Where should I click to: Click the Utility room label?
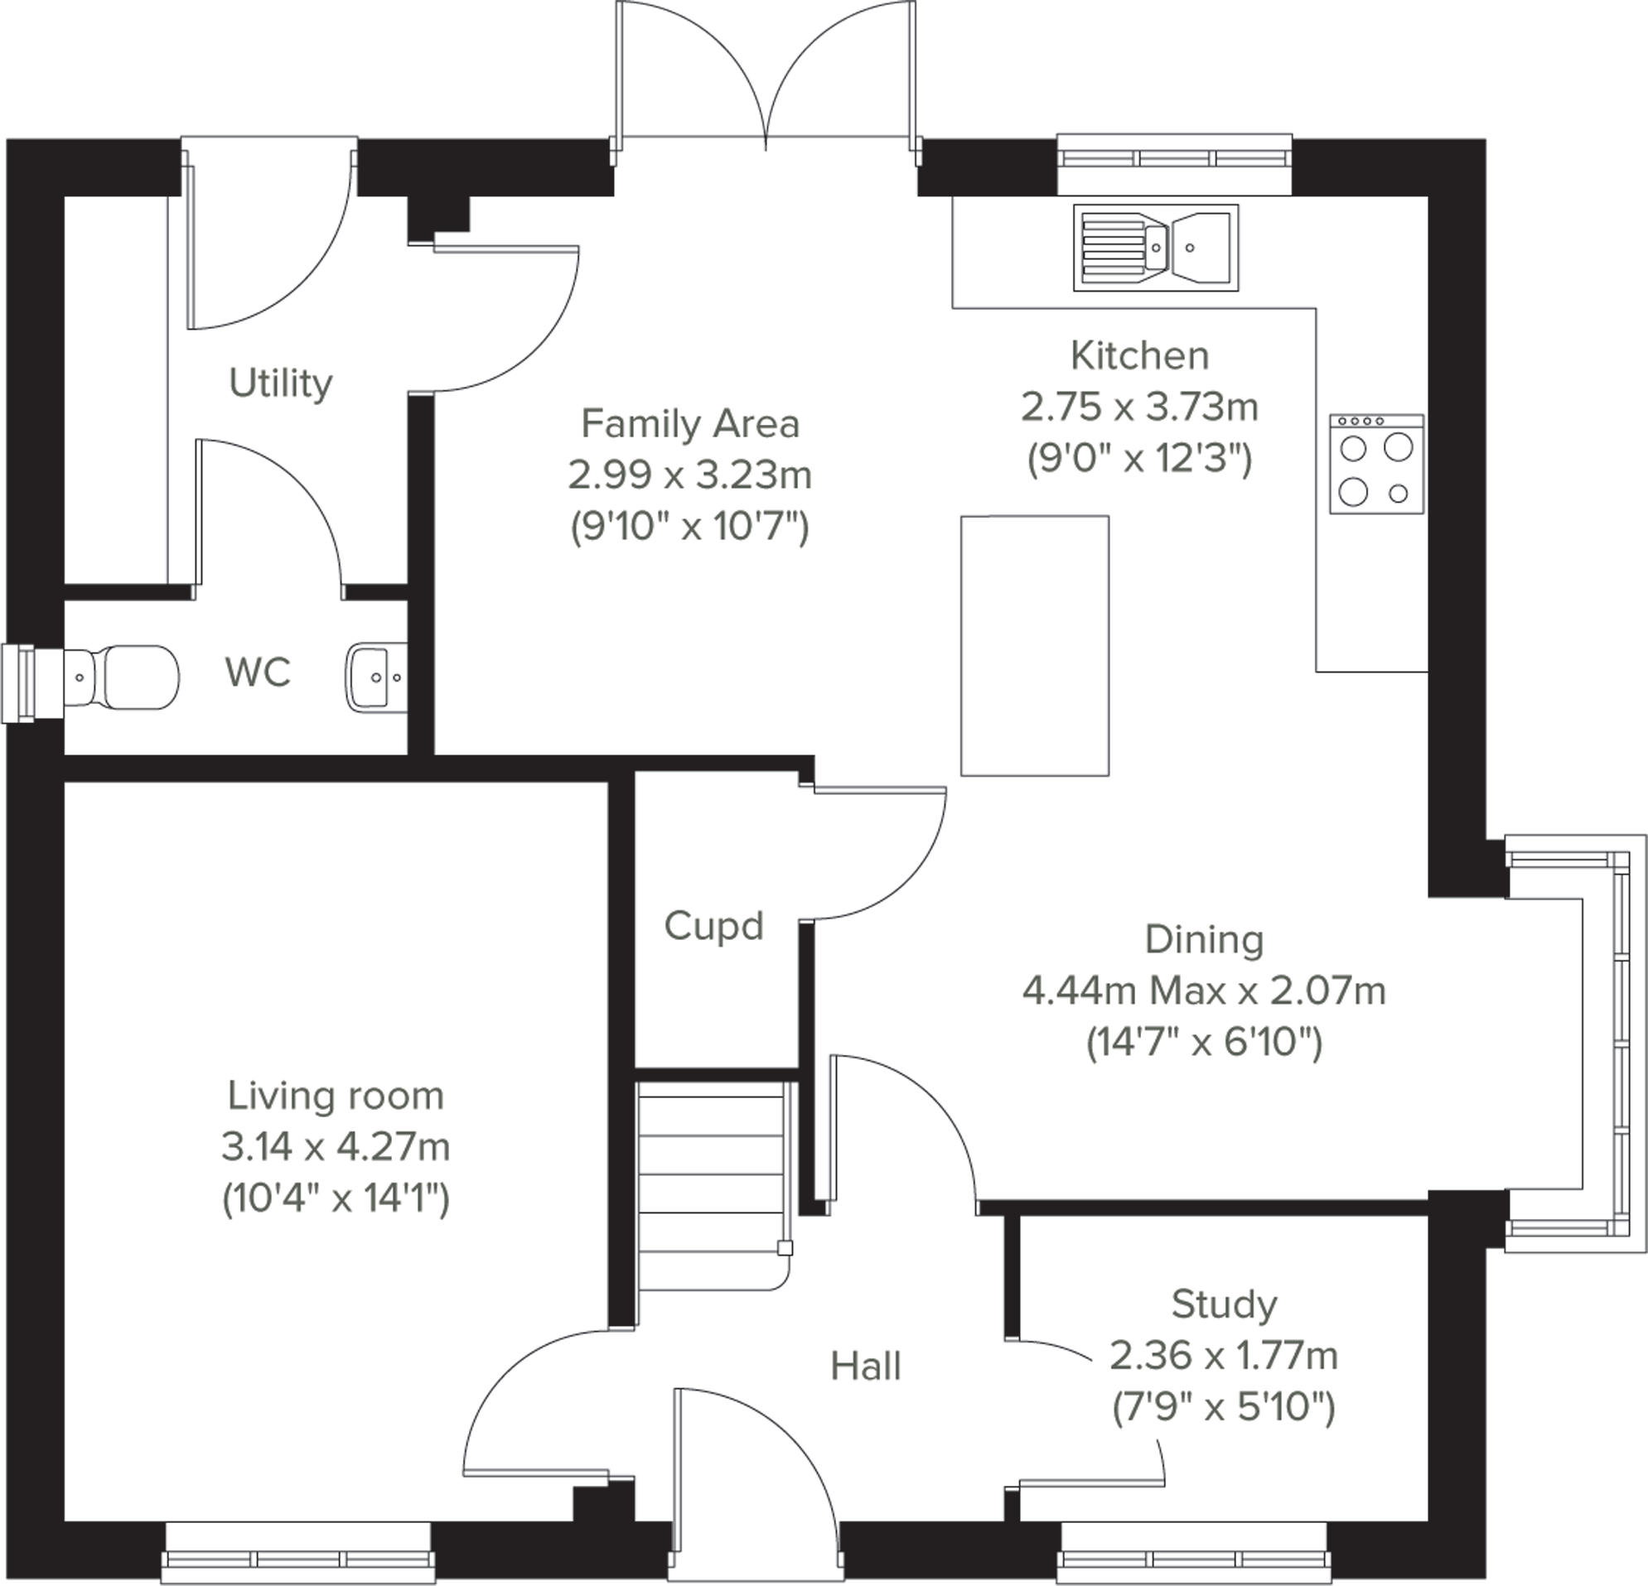coord(280,384)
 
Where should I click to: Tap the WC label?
coord(258,672)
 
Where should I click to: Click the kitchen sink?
coord(1155,248)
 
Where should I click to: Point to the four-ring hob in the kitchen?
coord(1376,464)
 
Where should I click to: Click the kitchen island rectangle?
coord(1034,645)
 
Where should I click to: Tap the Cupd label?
coord(713,926)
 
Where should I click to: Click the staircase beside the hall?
coord(713,1185)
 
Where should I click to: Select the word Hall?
coord(865,1367)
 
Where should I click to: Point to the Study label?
coord(1224,1304)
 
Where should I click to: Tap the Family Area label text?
coord(689,423)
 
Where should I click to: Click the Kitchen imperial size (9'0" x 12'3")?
coord(1139,459)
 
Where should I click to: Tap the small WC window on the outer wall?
coord(18,683)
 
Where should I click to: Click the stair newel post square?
coord(785,1248)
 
